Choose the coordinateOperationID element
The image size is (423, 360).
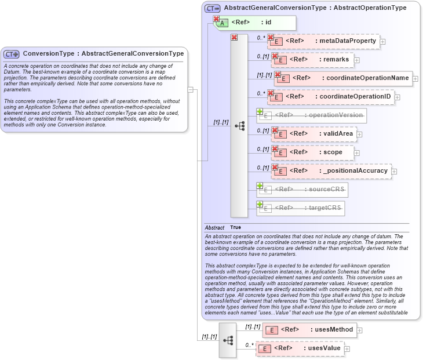[330, 96]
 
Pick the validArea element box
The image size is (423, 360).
[313, 134]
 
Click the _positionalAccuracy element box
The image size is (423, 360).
[331, 170]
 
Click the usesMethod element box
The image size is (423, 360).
[309, 330]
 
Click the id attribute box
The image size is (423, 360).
[256, 23]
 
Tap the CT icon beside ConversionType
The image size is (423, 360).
[12, 54]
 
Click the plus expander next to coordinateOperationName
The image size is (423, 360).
[416, 78]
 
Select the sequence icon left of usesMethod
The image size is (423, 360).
[228, 340]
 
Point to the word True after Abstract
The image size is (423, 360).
[235, 228]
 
